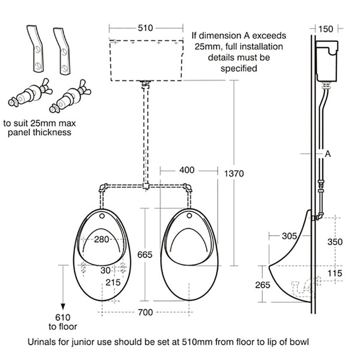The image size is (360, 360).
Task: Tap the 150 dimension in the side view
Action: tap(326, 28)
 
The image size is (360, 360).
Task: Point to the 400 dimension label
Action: tap(187, 170)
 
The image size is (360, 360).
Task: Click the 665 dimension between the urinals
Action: tap(145, 254)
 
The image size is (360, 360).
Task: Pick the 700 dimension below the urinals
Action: tap(145, 312)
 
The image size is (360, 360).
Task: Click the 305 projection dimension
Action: tap(289, 236)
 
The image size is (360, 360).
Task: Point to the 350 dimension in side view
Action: tap(335, 242)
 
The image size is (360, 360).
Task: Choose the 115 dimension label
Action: tap(335, 274)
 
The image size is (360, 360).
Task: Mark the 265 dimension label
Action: tap(262, 285)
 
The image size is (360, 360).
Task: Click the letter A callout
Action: tap(328, 154)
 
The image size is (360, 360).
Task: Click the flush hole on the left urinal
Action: tap(102, 216)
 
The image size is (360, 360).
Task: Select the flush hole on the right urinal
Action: tap(189, 216)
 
